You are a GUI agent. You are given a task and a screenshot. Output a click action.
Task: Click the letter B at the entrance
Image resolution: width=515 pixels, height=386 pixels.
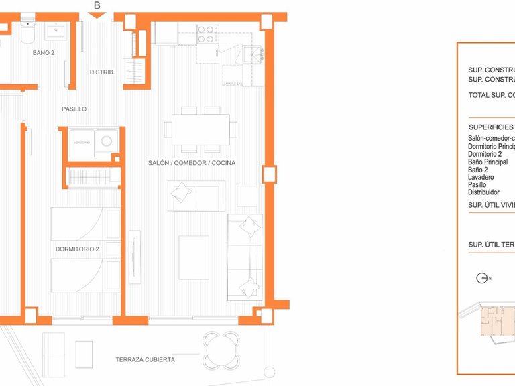(x=97, y=6)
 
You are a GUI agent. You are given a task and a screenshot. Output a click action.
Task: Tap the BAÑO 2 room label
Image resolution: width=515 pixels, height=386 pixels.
(x=44, y=52)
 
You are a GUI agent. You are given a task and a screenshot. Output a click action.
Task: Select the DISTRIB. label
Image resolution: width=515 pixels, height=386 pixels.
(x=103, y=72)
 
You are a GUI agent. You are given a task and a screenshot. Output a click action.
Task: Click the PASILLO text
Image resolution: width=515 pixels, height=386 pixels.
(x=74, y=109)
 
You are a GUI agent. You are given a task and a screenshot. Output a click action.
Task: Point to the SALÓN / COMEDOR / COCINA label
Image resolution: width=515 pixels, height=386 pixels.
(x=192, y=163)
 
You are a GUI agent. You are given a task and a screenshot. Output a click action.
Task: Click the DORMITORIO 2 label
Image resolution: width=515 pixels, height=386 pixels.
(x=77, y=249)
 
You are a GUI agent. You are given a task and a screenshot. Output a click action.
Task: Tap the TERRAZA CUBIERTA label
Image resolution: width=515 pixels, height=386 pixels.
(x=145, y=360)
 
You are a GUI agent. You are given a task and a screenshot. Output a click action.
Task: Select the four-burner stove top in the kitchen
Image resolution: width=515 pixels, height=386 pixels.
(x=207, y=34)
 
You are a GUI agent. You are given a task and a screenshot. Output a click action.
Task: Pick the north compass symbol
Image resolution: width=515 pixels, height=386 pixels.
(x=481, y=278)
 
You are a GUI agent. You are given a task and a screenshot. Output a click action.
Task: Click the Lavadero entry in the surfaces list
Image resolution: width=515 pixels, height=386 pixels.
(x=481, y=177)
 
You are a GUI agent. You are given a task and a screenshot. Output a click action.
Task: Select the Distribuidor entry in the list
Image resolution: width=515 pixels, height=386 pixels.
(x=483, y=192)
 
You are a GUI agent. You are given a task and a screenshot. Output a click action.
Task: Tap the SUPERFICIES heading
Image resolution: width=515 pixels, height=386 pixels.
(x=491, y=127)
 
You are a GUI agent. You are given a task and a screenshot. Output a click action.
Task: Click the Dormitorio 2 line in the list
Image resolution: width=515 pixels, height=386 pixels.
(x=485, y=154)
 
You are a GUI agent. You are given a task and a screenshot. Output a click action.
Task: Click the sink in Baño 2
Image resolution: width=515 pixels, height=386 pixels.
(x=54, y=31)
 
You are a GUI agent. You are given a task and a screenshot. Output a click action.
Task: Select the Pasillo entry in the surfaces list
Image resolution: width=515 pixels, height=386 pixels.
(x=477, y=184)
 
